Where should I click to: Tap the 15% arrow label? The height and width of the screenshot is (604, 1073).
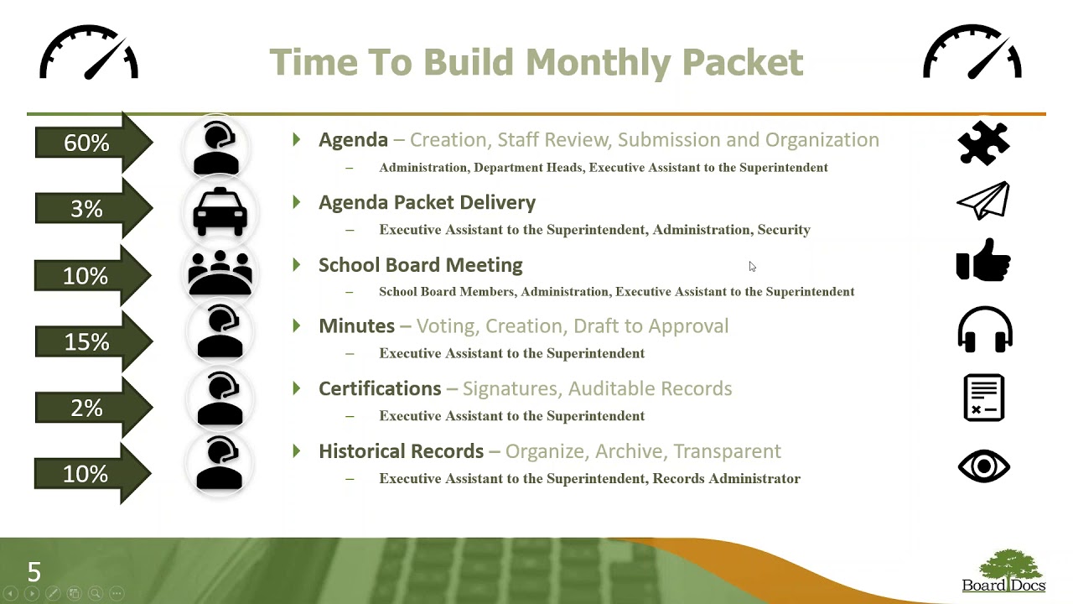(x=87, y=342)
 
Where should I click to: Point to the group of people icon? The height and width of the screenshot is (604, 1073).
(x=220, y=273)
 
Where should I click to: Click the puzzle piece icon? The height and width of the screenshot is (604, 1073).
(x=983, y=143)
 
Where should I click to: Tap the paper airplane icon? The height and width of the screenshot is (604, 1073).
(x=983, y=200)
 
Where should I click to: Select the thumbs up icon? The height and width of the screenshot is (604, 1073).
(x=983, y=259)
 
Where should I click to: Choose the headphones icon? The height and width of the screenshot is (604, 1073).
(x=984, y=329)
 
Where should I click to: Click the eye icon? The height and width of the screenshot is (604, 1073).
(x=984, y=466)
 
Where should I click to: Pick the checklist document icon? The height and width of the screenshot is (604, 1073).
(x=984, y=398)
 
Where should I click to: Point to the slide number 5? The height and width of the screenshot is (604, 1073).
(x=34, y=573)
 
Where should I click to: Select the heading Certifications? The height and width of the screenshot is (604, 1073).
(x=380, y=388)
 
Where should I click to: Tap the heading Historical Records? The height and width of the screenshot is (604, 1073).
(x=401, y=451)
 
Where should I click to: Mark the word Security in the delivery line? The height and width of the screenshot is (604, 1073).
(x=783, y=230)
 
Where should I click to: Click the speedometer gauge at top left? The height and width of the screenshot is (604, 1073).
(x=89, y=53)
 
